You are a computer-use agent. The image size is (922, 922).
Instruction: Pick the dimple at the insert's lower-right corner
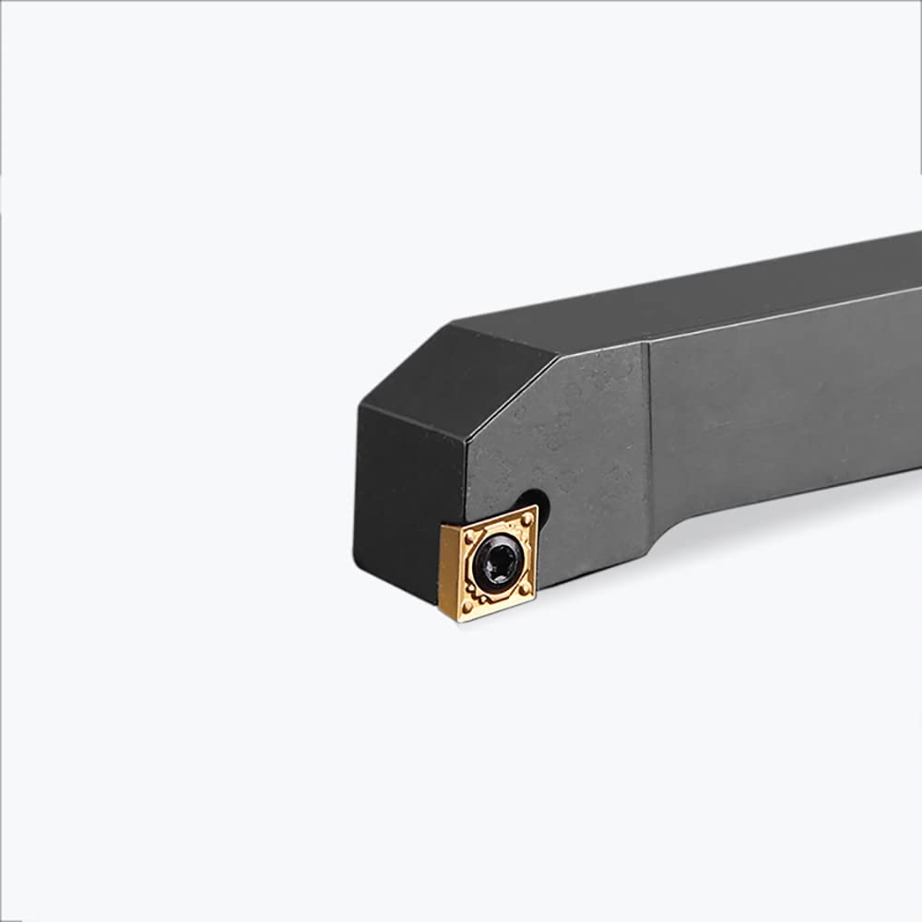point(525,587)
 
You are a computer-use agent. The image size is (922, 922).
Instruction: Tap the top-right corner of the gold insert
point(535,507)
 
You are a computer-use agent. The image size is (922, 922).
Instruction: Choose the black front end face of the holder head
point(406,498)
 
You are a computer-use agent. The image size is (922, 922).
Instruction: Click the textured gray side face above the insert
point(562,433)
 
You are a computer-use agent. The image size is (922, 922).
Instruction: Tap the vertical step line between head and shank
point(649,443)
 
